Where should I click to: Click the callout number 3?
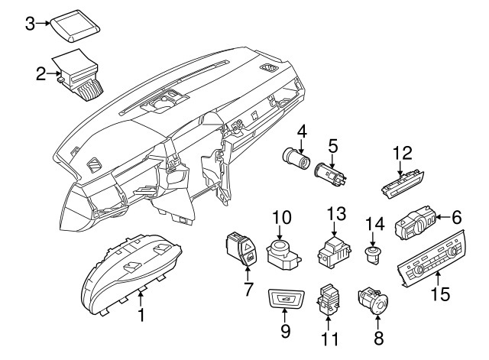pos(30,24)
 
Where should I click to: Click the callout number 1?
pos(141,314)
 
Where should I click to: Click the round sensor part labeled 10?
pos(281,250)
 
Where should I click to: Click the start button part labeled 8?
pos(374,301)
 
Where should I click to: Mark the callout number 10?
pos(281,218)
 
